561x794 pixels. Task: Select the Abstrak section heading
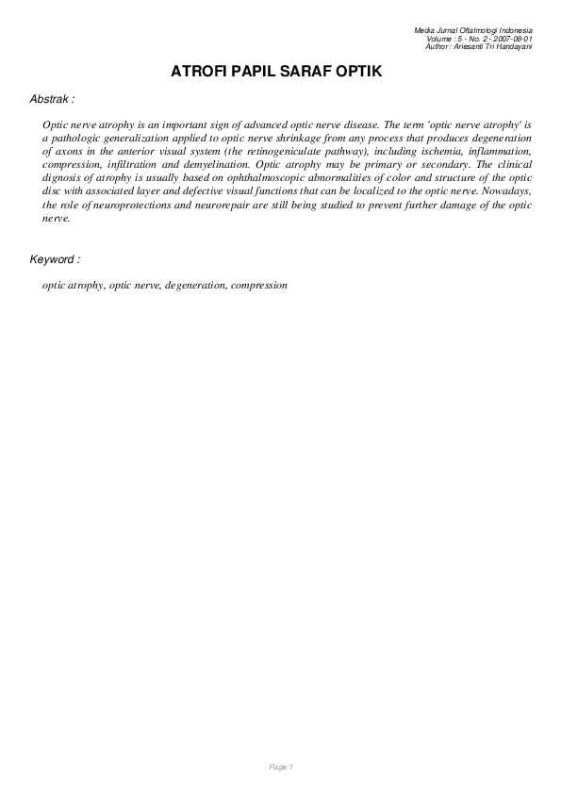tap(53, 98)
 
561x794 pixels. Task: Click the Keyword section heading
tap(55, 258)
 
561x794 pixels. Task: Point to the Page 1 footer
tap(281, 768)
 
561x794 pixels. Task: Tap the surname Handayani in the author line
tap(512, 46)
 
